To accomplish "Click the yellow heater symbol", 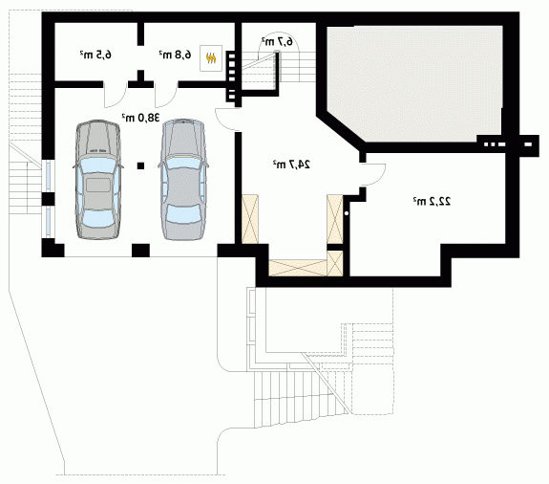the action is (x=211, y=58).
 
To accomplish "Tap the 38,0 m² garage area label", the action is (x=140, y=118).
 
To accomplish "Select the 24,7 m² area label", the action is (x=291, y=164).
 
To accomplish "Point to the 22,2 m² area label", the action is (x=432, y=201).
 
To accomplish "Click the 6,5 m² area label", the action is (x=95, y=55).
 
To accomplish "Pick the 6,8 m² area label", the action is (x=176, y=55).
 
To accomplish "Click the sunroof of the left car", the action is (x=98, y=185).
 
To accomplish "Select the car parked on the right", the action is (x=182, y=180).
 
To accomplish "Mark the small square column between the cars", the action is (x=140, y=165).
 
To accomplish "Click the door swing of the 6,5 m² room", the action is (x=116, y=95).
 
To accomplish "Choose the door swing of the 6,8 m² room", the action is (x=166, y=95).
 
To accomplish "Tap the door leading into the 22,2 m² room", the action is (x=373, y=174).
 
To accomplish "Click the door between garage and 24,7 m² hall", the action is (x=226, y=120).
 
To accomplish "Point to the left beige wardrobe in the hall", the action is (x=250, y=219).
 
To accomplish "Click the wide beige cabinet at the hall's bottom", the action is (x=298, y=268).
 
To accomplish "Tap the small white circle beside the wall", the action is (x=347, y=213).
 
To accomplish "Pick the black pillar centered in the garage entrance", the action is (x=140, y=251).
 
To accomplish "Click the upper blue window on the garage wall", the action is (x=49, y=176).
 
